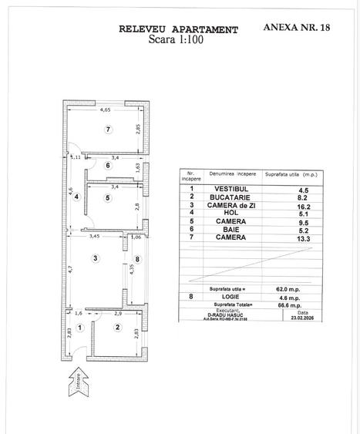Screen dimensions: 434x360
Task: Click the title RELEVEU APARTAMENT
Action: tap(178, 29)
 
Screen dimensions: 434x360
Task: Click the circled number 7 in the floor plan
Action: tap(109, 129)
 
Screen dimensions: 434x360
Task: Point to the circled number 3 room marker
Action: tap(95, 257)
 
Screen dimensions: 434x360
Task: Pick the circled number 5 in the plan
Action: tap(108, 198)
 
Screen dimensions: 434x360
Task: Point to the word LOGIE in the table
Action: tap(224, 297)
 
